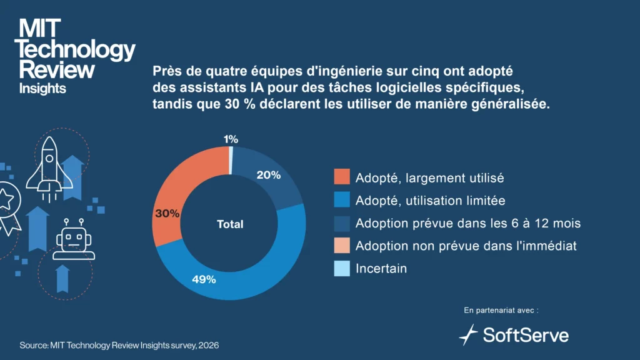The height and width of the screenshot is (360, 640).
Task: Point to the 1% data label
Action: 231,139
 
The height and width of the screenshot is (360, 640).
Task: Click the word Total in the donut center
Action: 230,224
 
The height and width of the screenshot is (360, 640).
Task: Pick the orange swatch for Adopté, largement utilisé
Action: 342,177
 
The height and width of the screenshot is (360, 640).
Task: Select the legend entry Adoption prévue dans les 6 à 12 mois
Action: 469,223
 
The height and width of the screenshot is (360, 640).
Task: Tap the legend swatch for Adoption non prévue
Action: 342,246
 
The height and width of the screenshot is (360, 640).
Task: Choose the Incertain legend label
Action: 381,269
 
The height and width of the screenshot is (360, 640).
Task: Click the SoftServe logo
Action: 514,334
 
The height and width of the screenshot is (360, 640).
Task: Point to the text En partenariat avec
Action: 501,310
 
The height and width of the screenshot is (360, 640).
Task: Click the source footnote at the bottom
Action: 119,345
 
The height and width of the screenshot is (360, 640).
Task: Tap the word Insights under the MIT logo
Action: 42,88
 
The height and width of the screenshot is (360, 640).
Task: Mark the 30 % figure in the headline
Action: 235,104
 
